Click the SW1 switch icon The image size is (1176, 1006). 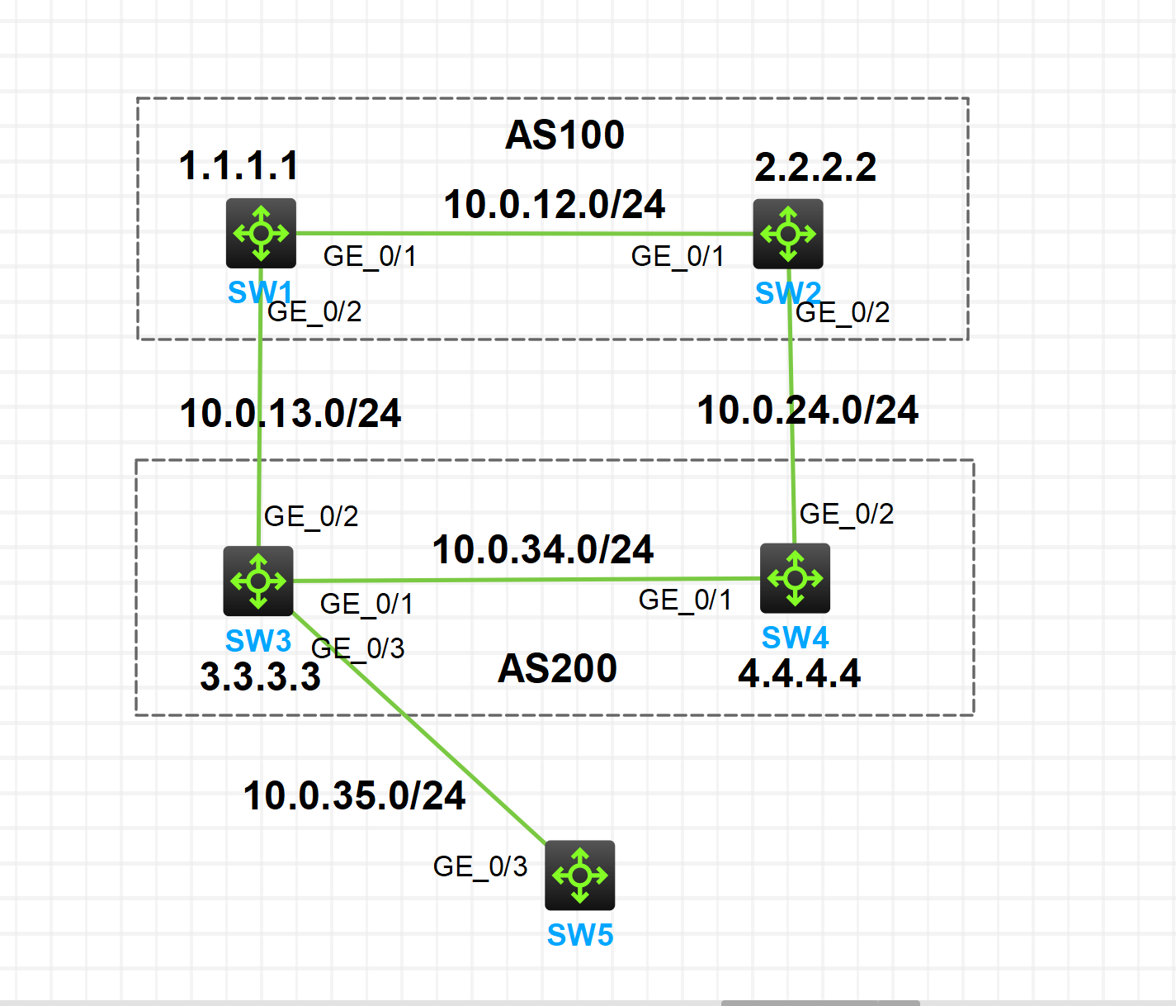click(x=261, y=233)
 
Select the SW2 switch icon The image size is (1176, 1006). click(x=787, y=234)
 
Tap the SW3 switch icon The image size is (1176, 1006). click(x=257, y=581)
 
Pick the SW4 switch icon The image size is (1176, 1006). click(x=795, y=578)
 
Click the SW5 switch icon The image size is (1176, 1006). click(x=579, y=875)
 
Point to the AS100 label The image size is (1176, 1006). click(x=564, y=135)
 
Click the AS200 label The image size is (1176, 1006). click(x=557, y=668)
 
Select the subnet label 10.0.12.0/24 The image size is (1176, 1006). click(x=554, y=205)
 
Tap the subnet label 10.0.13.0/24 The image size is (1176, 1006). click(x=290, y=413)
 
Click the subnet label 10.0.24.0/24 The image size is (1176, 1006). click(x=807, y=410)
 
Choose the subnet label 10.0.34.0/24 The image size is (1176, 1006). click(x=543, y=549)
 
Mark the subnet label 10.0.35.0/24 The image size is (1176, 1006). click(x=354, y=796)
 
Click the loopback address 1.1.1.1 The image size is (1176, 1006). click(x=239, y=166)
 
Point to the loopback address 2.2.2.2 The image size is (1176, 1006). click(x=815, y=168)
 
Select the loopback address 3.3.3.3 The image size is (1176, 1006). click(x=260, y=677)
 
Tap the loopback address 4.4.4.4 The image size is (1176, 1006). click(x=799, y=674)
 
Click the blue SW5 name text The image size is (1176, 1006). click(x=580, y=935)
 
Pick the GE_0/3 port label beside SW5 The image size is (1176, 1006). click(x=480, y=866)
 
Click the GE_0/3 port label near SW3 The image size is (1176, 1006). click(x=358, y=648)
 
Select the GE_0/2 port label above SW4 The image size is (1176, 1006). click(x=847, y=514)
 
